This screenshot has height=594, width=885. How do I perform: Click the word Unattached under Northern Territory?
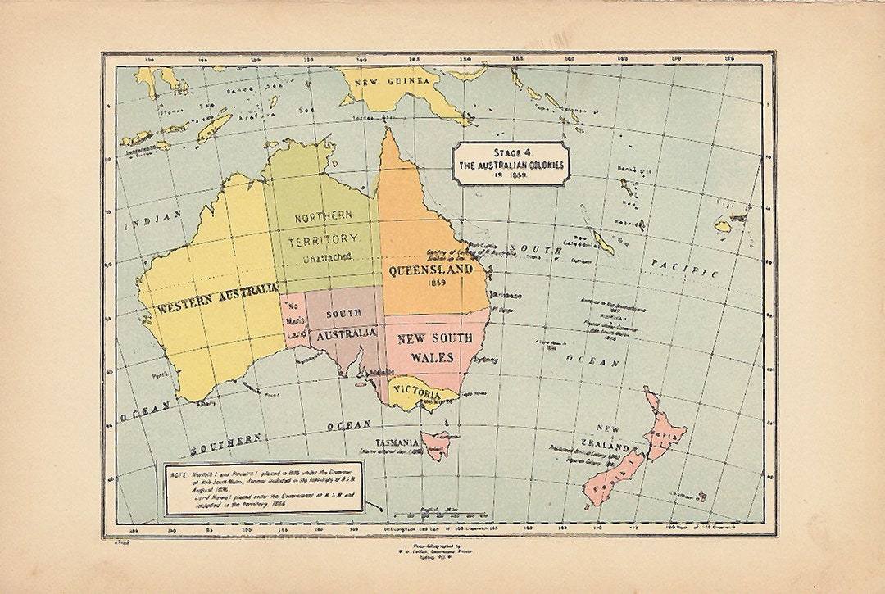(324, 258)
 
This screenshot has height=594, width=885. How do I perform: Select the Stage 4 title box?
(511, 162)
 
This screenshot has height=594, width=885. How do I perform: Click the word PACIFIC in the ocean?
(684, 267)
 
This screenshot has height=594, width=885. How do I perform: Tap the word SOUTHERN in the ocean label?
(225, 443)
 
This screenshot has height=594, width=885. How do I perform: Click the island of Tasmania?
(436, 445)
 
